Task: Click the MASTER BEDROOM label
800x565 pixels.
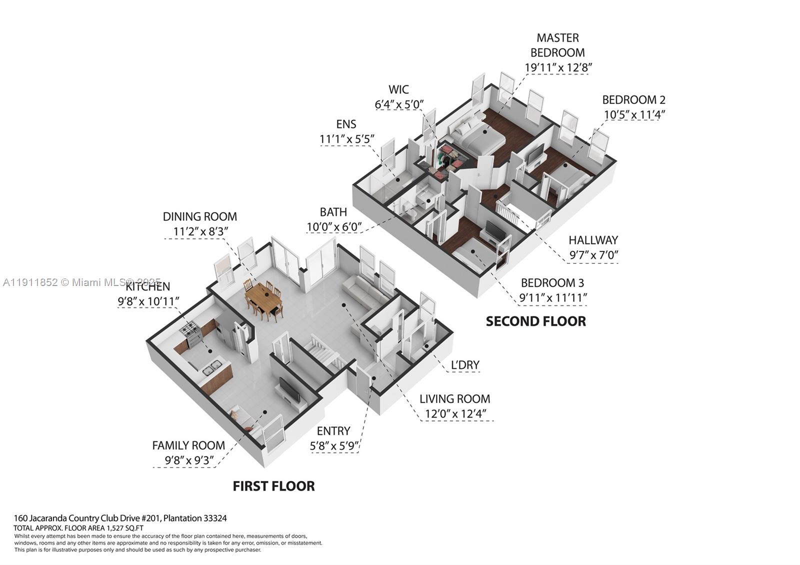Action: pos(557,45)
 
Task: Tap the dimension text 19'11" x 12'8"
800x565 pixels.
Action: pos(557,67)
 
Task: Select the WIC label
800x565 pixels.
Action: pos(398,89)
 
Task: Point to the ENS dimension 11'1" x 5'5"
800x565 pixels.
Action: pos(347,139)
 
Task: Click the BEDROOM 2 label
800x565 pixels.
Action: pos(633,99)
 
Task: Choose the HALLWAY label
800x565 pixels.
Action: pos(593,240)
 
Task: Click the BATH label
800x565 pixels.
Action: pos(333,212)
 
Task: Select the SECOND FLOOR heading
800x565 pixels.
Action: pos(535,321)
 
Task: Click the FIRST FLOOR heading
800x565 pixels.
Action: pos(273,486)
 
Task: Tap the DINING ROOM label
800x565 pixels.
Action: pos(199,216)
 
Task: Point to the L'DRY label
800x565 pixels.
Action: pos(465,365)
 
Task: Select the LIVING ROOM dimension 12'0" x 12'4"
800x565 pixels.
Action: pos(455,414)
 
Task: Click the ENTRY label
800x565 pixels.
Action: pos(333,431)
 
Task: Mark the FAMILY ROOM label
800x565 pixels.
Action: pos(188,445)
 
